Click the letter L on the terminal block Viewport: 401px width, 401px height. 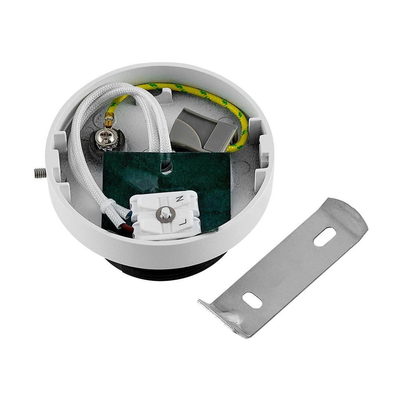(x=182, y=223)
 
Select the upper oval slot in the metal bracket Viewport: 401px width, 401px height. (x=325, y=237)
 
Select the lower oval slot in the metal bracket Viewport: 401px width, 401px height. (x=252, y=300)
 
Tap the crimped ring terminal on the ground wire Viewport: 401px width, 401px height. (x=110, y=121)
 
